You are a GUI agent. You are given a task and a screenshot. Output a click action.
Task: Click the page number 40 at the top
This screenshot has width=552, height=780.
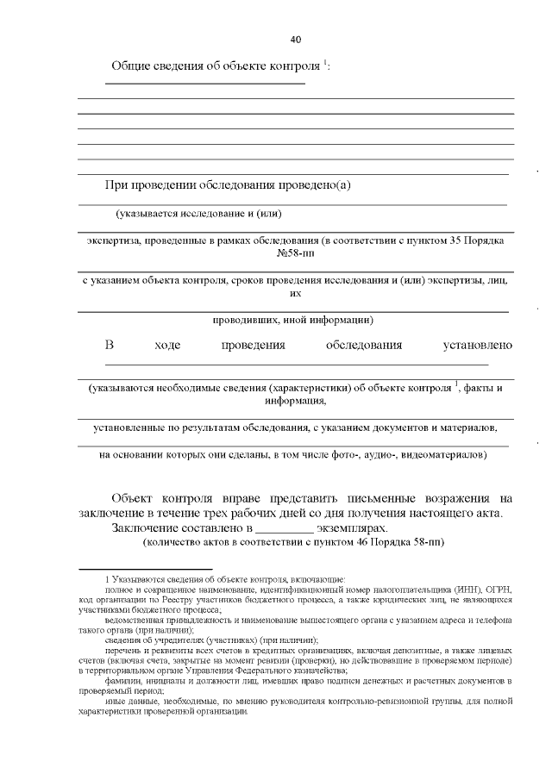(296, 40)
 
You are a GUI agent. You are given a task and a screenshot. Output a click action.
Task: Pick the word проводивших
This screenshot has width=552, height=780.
(245, 320)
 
